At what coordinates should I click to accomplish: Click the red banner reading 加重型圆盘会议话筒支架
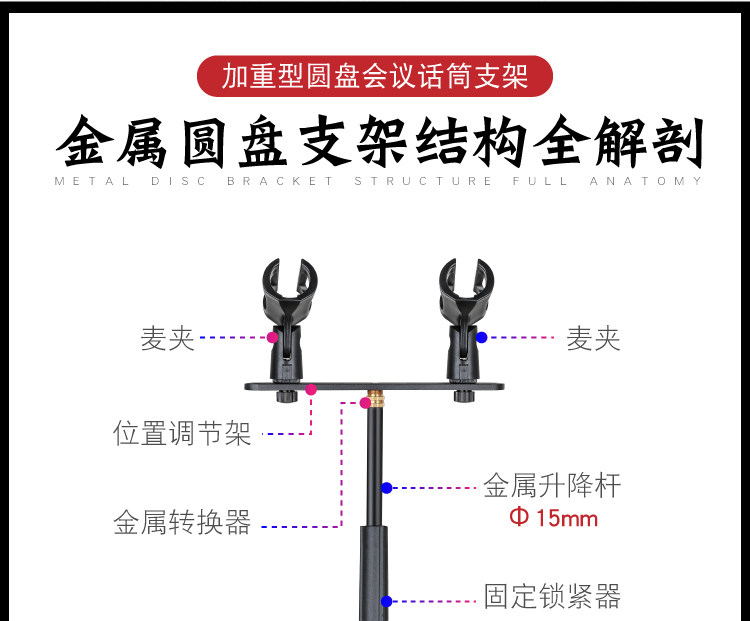point(374,76)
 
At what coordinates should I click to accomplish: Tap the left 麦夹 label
point(168,339)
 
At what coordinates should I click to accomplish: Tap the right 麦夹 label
point(593,339)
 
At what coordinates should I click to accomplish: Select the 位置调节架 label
point(182,434)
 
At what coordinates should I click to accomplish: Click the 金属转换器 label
point(182,523)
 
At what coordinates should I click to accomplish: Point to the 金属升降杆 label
point(552,487)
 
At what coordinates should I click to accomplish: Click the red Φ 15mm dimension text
point(553,518)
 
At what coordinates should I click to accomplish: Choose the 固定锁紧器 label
point(552,597)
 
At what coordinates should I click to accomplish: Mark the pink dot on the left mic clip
point(272,338)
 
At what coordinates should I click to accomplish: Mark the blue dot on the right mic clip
point(481,338)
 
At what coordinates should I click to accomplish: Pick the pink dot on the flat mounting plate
point(311,389)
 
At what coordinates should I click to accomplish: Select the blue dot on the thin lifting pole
point(386,488)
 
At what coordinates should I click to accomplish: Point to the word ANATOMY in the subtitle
point(661,182)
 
